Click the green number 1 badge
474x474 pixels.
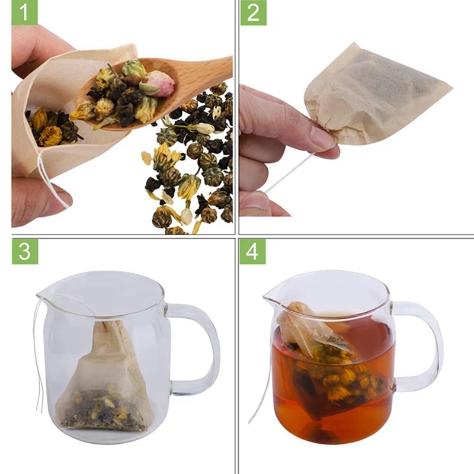(x=24, y=12)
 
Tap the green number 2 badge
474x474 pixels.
(x=254, y=12)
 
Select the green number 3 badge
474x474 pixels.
(x=25, y=251)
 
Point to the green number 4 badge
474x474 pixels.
(x=253, y=251)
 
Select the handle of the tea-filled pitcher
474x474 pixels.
(x=420, y=345)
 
